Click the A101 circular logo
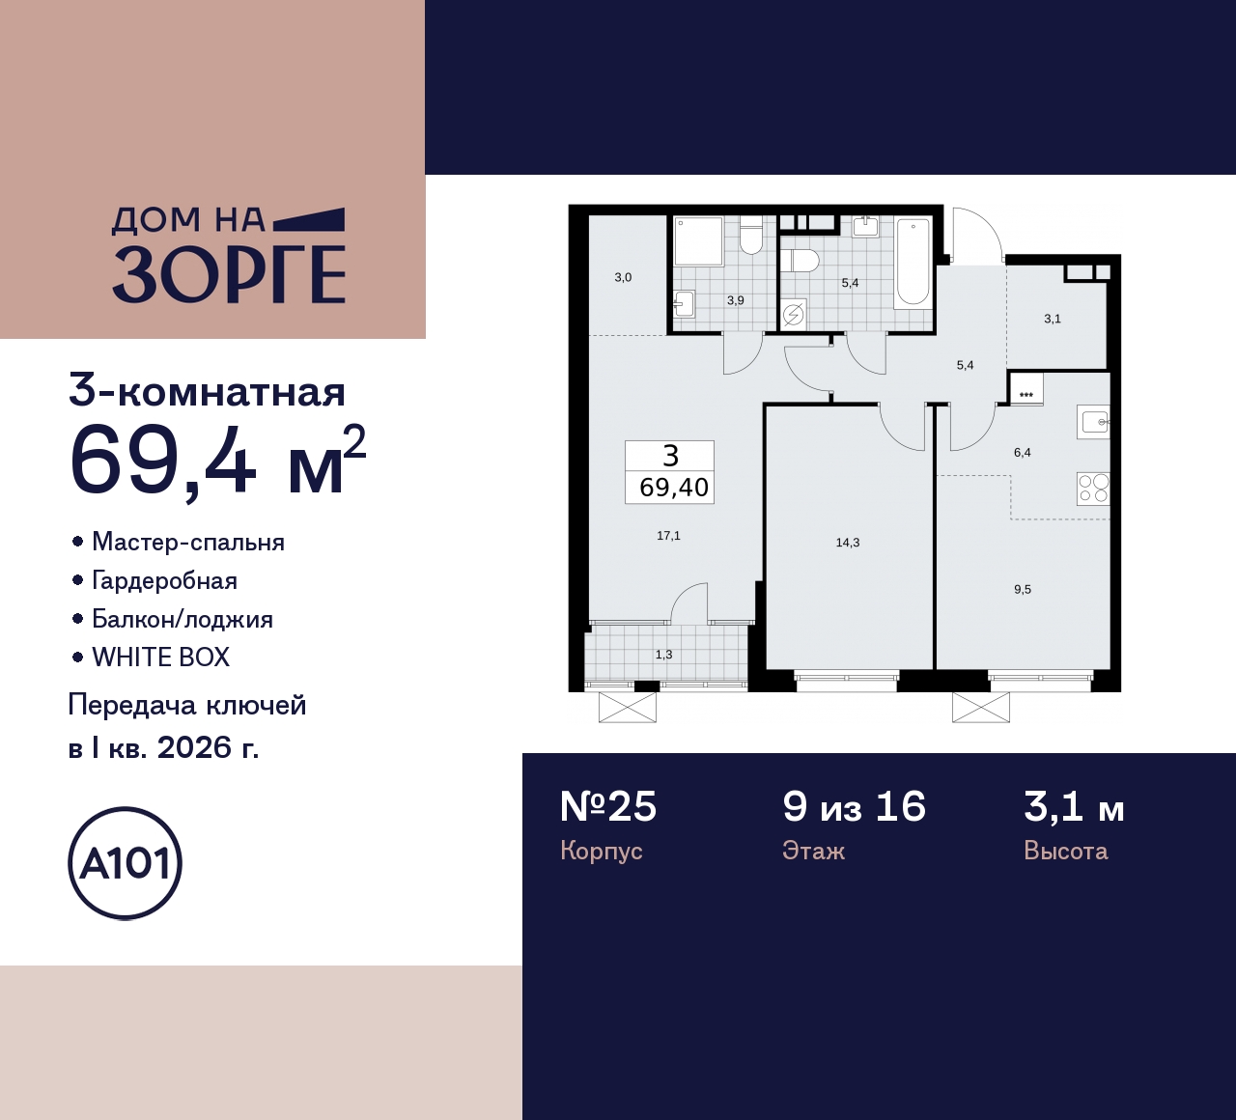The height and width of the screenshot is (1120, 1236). [x=125, y=863]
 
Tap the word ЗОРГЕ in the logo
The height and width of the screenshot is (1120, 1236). [x=229, y=275]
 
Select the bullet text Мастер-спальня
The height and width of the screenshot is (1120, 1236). [x=188, y=542]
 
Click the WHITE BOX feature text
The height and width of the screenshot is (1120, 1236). [x=161, y=658]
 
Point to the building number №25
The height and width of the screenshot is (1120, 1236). [x=608, y=807]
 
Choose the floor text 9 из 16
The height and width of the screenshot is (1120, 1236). [x=854, y=807]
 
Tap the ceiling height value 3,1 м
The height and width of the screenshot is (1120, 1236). [x=1074, y=807]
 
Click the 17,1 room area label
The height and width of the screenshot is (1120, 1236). [x=668, y=536]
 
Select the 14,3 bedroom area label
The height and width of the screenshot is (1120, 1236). [x=848, y=543]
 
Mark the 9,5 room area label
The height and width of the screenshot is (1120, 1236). [x=1023, y=589]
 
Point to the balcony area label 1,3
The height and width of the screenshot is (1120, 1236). [x=663, y=655]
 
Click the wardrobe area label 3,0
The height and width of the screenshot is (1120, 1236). [x=623, y=278]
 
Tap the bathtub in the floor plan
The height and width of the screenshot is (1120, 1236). [x=913, y=263]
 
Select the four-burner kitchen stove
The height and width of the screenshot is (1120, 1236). [x=1093, y=489]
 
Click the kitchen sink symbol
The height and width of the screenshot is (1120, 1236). [x=1094, y=422]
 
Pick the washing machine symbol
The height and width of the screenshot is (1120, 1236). [x=794, y=315]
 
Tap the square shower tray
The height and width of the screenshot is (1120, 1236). [x=698, y=241]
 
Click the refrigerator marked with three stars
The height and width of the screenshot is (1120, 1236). [x=1025, y=390]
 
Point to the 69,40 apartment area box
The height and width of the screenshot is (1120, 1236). [x=674, y=488]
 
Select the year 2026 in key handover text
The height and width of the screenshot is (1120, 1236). [x=195, y=747]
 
